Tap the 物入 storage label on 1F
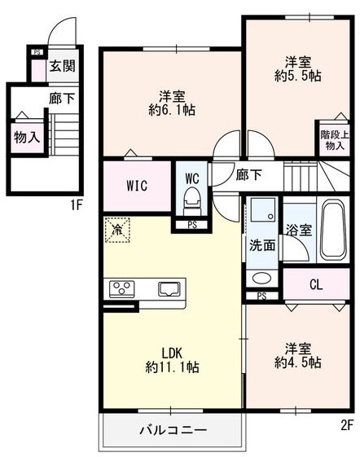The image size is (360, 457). [26, 138]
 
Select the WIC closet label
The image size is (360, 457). [136, 185]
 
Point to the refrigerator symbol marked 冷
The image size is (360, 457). [116, 231]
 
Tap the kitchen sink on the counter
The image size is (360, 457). [171, 288]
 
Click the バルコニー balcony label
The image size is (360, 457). [172, 429]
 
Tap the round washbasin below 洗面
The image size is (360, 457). [260, 277]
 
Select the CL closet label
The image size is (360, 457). [317, 285]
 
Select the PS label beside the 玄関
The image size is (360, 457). [37, 52]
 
